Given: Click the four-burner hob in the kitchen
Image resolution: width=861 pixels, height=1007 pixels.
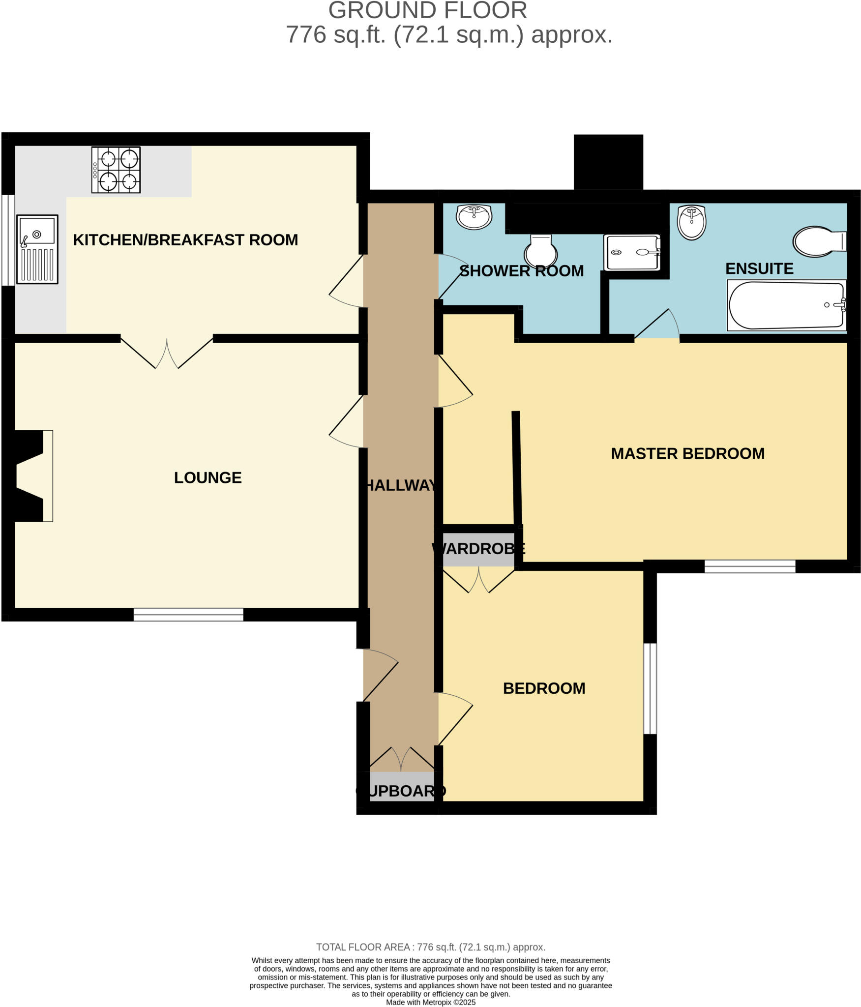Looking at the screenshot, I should tap(116, 170).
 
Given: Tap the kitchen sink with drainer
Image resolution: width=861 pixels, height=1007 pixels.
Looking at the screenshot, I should tap(37, 249).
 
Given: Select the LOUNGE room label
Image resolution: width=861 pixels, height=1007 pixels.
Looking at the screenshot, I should tap(208, 477).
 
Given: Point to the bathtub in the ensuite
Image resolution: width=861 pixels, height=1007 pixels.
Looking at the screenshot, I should tap(786, 305).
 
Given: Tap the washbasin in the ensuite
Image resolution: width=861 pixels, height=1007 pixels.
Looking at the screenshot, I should tap(691, 222).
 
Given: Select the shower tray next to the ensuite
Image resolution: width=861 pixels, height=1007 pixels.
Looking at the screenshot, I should tap(632, 252).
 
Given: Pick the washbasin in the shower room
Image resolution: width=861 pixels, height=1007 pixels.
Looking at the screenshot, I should tap(474, 216).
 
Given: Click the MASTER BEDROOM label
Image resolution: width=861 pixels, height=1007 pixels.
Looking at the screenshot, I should tap(687, 453).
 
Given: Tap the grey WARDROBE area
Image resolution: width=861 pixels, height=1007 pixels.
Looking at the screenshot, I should tap(478, 549).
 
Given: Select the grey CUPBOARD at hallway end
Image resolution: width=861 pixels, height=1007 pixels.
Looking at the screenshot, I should tap(401, 791).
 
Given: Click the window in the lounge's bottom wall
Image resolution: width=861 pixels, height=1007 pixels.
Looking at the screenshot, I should tap(188, 615).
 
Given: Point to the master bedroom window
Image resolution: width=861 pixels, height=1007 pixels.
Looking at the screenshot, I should tap(749, 566).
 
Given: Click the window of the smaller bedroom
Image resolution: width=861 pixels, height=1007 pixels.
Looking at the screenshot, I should tap(650, 688).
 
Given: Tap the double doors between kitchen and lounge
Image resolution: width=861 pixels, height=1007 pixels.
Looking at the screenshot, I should tap(167, 353).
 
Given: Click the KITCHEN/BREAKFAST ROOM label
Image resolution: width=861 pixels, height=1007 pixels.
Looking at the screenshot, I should tap(185, 240).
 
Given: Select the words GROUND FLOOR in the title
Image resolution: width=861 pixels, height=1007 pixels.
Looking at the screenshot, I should tap(427, 11).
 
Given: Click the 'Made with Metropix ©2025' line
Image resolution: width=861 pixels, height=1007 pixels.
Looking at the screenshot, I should tap(430, 1002).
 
